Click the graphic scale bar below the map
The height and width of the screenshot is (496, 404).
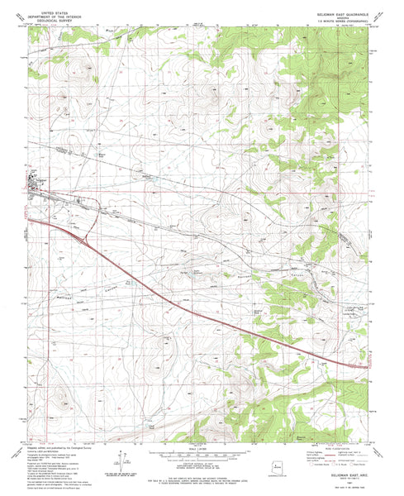pyautogui.click(x=202, y=456)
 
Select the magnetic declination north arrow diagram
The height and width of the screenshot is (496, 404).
pyautogui.click(x=122, y=463)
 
